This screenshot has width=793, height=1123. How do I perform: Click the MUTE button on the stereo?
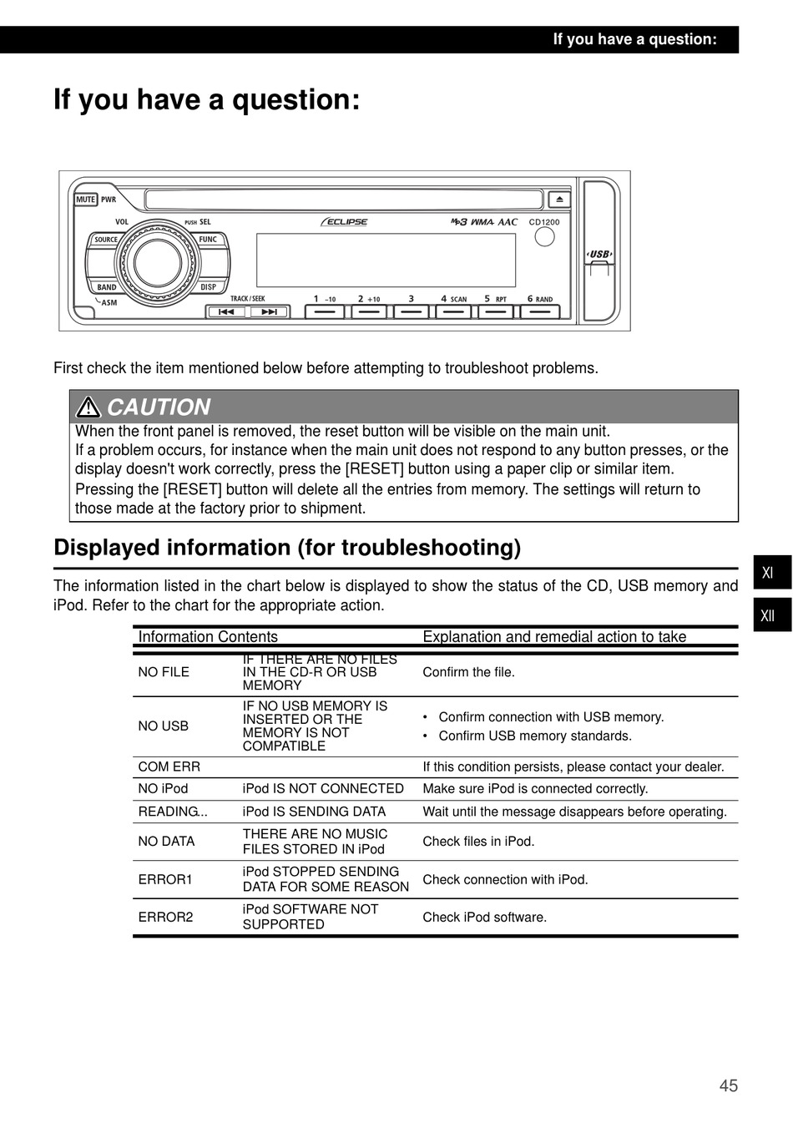coord(86,200)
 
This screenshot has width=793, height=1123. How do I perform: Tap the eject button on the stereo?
coord(559,200)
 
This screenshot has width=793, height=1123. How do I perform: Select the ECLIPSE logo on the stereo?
coord(344,222)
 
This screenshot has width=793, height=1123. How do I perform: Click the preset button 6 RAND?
coord(540,311)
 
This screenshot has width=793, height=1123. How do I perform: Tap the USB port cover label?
coord(599,254)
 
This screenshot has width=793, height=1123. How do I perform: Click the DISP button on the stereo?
coord(208,287)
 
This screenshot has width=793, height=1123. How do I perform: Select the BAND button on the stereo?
coord(107,287)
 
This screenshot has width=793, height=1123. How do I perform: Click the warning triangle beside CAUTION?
coord(88,407)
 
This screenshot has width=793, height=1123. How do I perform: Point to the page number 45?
coord(728,1085)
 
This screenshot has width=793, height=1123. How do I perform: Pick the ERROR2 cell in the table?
coord(165,917)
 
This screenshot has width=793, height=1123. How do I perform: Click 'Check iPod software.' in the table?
coord(484,917)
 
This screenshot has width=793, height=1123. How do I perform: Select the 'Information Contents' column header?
coord(208,636)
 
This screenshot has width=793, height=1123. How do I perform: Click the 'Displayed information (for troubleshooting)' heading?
coord(287,548)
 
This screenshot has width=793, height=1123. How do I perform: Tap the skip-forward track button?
coord(269,312)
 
